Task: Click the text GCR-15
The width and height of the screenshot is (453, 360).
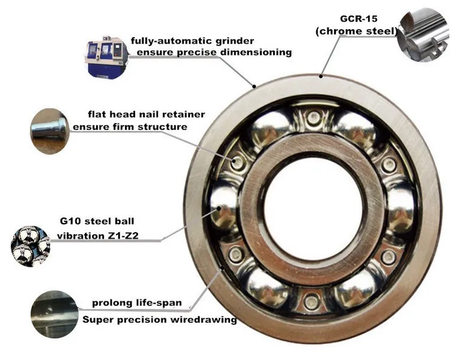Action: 359,19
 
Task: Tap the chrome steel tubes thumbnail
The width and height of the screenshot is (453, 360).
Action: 423,36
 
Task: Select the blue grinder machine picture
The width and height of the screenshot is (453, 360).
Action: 106,57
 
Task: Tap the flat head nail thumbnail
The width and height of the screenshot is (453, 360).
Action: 50,131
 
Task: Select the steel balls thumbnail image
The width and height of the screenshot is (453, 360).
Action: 30,246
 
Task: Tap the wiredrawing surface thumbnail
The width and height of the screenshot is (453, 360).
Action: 54,315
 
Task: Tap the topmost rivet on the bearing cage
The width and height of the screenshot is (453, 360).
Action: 313,117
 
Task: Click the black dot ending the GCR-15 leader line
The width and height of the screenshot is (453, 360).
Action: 321,77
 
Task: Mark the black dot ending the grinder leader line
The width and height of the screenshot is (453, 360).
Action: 254,86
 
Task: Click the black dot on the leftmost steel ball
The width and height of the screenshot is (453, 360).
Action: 219,208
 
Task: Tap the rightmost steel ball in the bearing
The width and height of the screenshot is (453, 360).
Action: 400,207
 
